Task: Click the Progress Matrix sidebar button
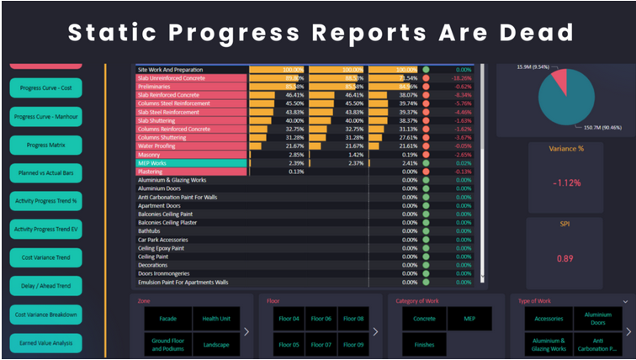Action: pyautogui.click(x=46, y=145)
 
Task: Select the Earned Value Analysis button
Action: pyautogui.click(x=46, y=342)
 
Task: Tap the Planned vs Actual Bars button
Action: pyautogui.click(x=46, y=173)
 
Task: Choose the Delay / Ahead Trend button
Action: pyautogui.click(x=46, y=286)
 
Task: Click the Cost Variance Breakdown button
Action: pyautogui.click(x=46, y=315)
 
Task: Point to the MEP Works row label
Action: pyautogui.click(x=155, y=163)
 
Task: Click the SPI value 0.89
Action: pyautogui.click(x=564, y=259)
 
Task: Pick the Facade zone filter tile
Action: pyautogui.click(x=167, y=319)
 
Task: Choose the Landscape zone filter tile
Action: pyautogui.click(x=216, y=345)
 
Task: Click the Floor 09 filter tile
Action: pyautogui.click(x=354, y=345)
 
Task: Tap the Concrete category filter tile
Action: pyautogui.click(x=424, y=319)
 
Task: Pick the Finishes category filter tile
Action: pyautogui.click(x=424, y=345)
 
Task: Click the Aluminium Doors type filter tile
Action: pyautogui.click(x=598, y=319)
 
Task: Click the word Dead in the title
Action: pyautogui.click(x=532, y=32)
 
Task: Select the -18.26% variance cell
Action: pyautogui.click(x=457, y=77)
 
